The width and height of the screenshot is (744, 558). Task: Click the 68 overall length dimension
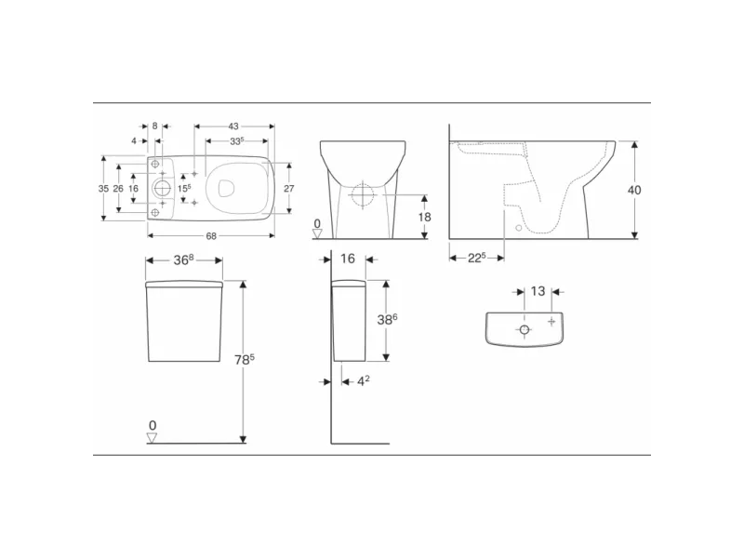[211, 236]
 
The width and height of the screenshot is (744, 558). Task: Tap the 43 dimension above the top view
[233, 126]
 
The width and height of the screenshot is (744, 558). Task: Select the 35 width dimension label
[103, 189]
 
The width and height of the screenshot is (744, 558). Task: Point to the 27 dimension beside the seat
[289, 189]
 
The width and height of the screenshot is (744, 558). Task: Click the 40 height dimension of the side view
[634, 190]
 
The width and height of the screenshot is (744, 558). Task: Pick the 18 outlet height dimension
[425, 217]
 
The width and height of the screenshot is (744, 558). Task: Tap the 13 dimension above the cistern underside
[538, 291]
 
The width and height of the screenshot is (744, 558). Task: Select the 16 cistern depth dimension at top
[348, 259]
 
